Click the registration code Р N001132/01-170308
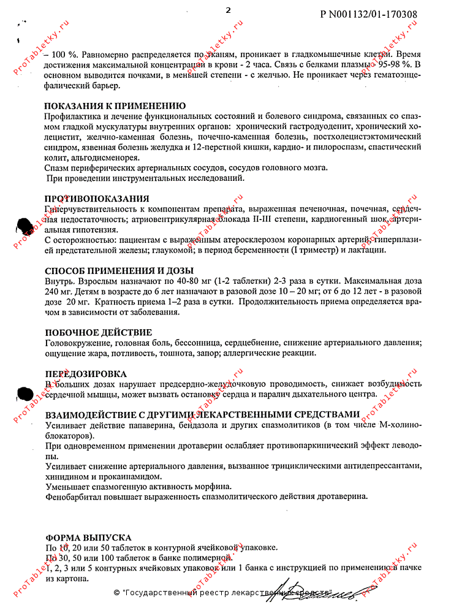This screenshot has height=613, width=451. (x=369, y=13)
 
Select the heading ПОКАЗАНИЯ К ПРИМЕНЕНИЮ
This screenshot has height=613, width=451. (x=115, y=105)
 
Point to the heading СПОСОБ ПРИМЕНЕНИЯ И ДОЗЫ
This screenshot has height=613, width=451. (x=120, y=270)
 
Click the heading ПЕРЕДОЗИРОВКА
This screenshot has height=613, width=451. (x=86, y=373)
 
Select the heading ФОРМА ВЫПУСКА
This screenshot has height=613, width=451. (x=88, y=537)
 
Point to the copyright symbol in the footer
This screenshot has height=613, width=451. (x=117, y=593)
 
